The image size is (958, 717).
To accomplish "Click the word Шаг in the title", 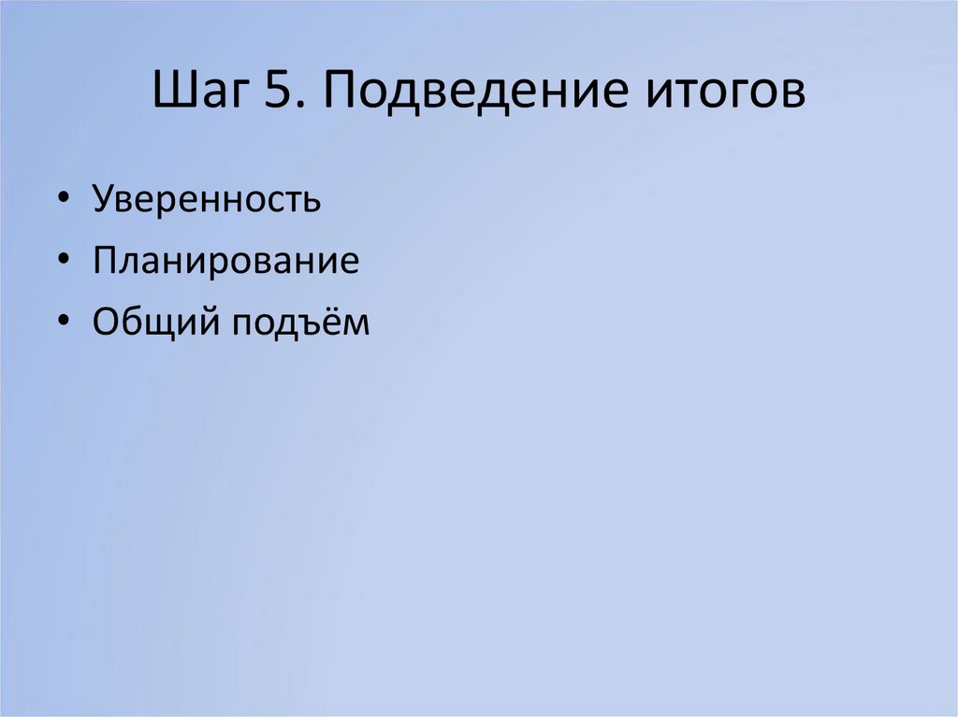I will (196, 93).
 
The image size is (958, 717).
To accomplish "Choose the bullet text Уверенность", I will (207, 201).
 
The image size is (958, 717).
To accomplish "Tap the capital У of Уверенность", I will (103, 201).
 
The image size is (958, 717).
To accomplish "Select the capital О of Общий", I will (107, 322).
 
